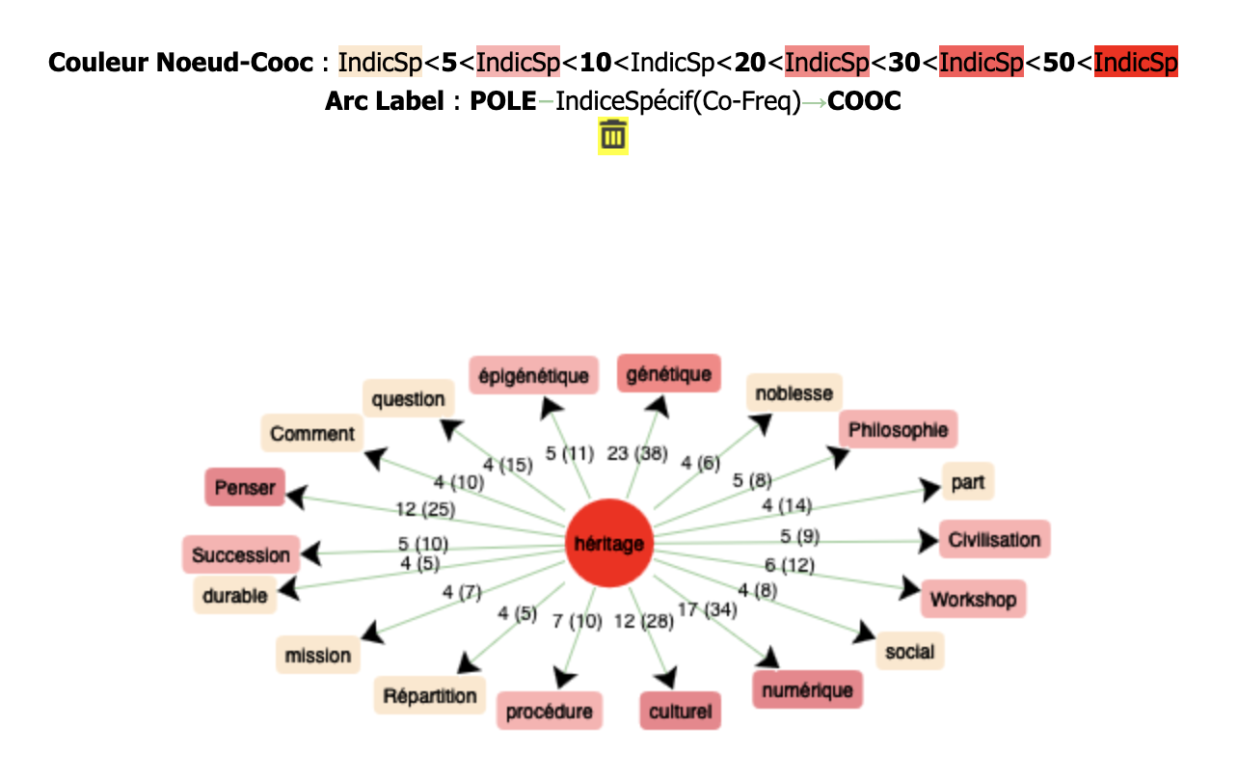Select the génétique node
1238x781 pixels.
(668, 374)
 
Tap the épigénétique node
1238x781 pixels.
(533, 376)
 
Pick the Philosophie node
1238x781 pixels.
(898, 430)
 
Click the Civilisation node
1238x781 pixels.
(994, 539)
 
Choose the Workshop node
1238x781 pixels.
(973, 600)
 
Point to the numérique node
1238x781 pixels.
(807, 689)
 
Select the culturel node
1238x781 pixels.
(680, 712)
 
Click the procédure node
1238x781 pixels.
(550, 712)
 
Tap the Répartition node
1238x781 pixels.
(430, 695)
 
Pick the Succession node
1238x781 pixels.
(241, 554)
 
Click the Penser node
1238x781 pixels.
(245, 487)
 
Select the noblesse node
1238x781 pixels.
(794, 393)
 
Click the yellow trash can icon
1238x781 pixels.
(613, 136)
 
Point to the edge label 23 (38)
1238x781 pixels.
(636, 453)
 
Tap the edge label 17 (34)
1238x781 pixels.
(708, 609)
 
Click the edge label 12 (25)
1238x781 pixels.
(425, 508)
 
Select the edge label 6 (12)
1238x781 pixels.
(790, 565)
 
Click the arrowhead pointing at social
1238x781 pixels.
(862, 633)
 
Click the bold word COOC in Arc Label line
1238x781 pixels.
(864, 101)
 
